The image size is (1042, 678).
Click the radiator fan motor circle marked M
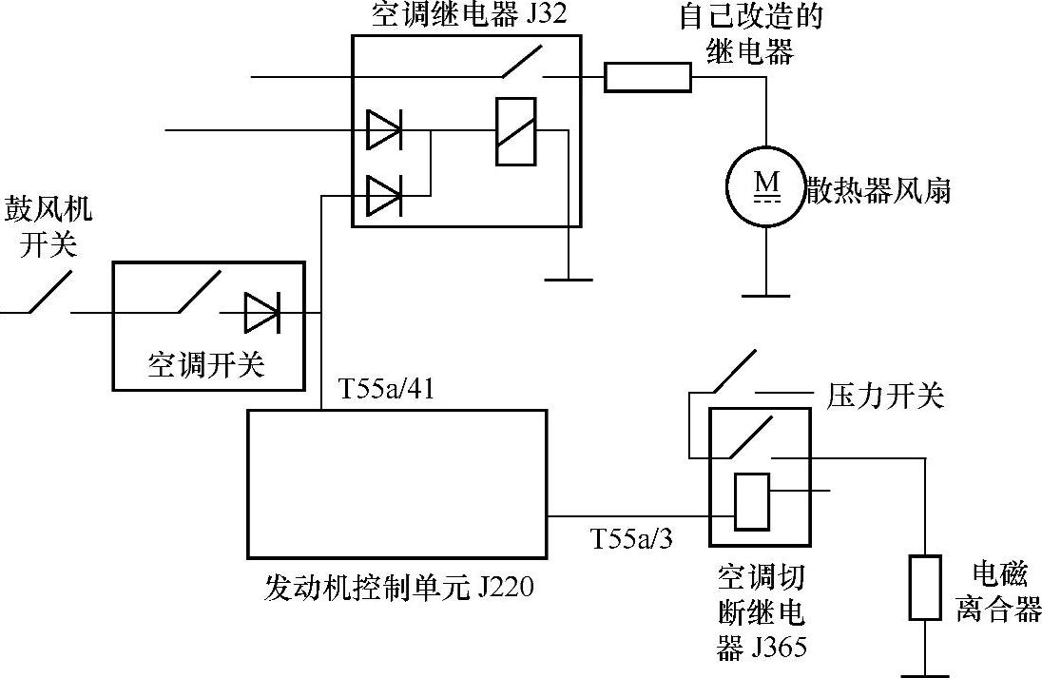tap(765, 188)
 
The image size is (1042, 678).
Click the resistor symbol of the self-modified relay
tap(648, 76)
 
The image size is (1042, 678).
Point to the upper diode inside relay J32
tap(384, 130)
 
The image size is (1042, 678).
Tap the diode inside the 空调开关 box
tap(261, 311)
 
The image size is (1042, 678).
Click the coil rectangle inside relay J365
tap(751, 500)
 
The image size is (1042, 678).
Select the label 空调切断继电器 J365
tap(761, 611)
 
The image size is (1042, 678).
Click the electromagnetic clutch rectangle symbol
tap(925, 587)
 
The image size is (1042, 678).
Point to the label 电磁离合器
tap(998, 591)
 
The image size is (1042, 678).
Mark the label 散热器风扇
tap(878, 190)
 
